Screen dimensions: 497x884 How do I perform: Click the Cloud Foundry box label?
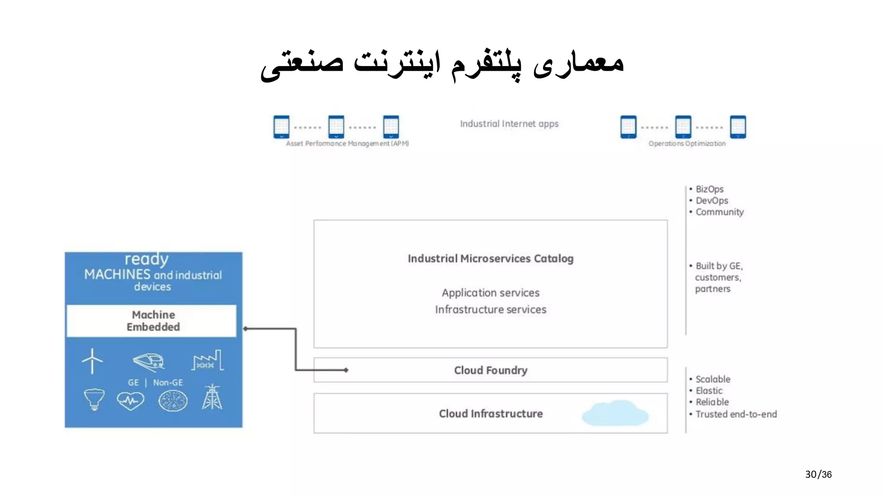tap(490, 370)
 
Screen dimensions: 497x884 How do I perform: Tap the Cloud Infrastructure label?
tap(491, 413)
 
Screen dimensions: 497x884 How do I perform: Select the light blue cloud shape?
tap(615, 413)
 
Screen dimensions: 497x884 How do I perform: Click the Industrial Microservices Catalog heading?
tap(490, 258)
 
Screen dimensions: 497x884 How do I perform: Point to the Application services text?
tap(490, 293)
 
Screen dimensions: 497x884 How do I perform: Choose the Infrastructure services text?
tap(490, 309)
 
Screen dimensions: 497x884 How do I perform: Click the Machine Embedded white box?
tap(153, 321)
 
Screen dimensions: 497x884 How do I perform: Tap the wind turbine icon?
tap(92, 361)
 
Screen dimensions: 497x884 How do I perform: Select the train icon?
tap(149, 362)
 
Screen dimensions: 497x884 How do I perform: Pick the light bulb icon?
tap(94, 399)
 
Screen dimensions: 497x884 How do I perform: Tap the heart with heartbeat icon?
tap(130, 401)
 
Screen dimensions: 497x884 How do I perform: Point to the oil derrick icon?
tap(212, 397)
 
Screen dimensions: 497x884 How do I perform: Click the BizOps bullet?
tap(709, 189)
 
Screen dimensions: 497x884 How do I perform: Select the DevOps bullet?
tap(711, 201)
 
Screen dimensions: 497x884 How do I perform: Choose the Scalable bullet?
tap(713, 379)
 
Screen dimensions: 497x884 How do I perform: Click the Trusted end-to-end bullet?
tap(736, 414)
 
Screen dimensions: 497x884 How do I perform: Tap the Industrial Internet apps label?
tap(509, 124)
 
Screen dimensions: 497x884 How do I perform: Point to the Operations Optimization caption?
tap(687, 144)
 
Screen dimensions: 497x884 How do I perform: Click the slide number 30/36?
tap(818, 474)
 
